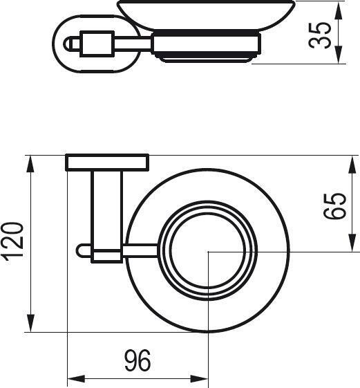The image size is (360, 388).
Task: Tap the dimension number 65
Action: pyautogui.click(x=334, y=205)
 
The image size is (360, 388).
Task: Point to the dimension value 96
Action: pyautogui.click(x=137, y=360)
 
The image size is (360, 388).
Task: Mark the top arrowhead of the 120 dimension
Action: pyautogui.click(x=31, y=163)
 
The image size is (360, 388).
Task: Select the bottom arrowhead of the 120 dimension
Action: pyautogui.click(x=31, y=324)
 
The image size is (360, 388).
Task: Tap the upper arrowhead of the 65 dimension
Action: pyautogui.click(x=353, y=163)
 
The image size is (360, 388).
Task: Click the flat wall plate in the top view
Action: pyautogui.click(x=107, y=162)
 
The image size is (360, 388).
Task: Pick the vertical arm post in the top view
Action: pyautogui.click(x=106, y=207)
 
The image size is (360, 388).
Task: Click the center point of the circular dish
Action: pyautogui.click(x=209, y=252)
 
